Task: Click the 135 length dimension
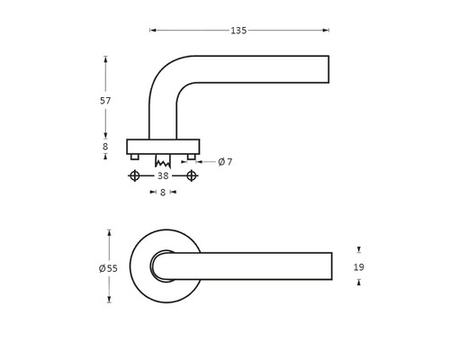point(238,31)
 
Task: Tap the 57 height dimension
point(105,101)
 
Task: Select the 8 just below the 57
point(105,146)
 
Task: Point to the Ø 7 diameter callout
point(225,162)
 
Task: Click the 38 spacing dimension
point(163,175)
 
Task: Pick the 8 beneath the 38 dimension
point(163,192)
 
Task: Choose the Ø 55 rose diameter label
point(107,268)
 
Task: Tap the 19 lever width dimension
point(359,267)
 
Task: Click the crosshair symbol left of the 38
point(135,175)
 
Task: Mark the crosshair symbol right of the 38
point(192,175)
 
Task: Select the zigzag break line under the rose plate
point(163,163)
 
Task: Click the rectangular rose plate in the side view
point(163,146)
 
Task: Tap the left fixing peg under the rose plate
point(135,157)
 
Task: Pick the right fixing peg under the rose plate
point(192,157)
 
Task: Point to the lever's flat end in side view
point(328,70)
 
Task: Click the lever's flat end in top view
point(331,265)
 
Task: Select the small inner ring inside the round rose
point(163,265)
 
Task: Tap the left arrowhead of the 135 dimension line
point(152,31)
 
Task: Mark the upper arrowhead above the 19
point(359,250)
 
